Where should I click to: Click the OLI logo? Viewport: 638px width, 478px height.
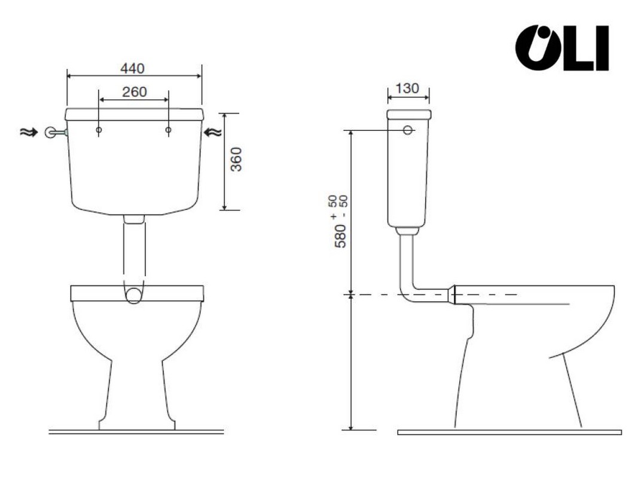click(x=562, y=48)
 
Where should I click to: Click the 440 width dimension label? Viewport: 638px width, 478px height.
click(x=133, y=68)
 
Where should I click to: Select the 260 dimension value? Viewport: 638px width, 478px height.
click(x=135, y=92)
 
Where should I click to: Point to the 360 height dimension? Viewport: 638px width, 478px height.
click(x=236, y=160)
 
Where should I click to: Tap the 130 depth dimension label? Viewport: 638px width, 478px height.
click(x=407, y=88)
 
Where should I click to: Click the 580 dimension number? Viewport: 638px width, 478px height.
click(x=340, y=235)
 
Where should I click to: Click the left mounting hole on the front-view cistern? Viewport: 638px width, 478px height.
click(x=99, y=130)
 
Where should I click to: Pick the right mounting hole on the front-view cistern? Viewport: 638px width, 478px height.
click(x=169, y=130)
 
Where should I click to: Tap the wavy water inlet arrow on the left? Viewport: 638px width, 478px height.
click(x=29, y=132)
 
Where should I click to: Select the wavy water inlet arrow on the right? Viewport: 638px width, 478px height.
click(x=213, y=132)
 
